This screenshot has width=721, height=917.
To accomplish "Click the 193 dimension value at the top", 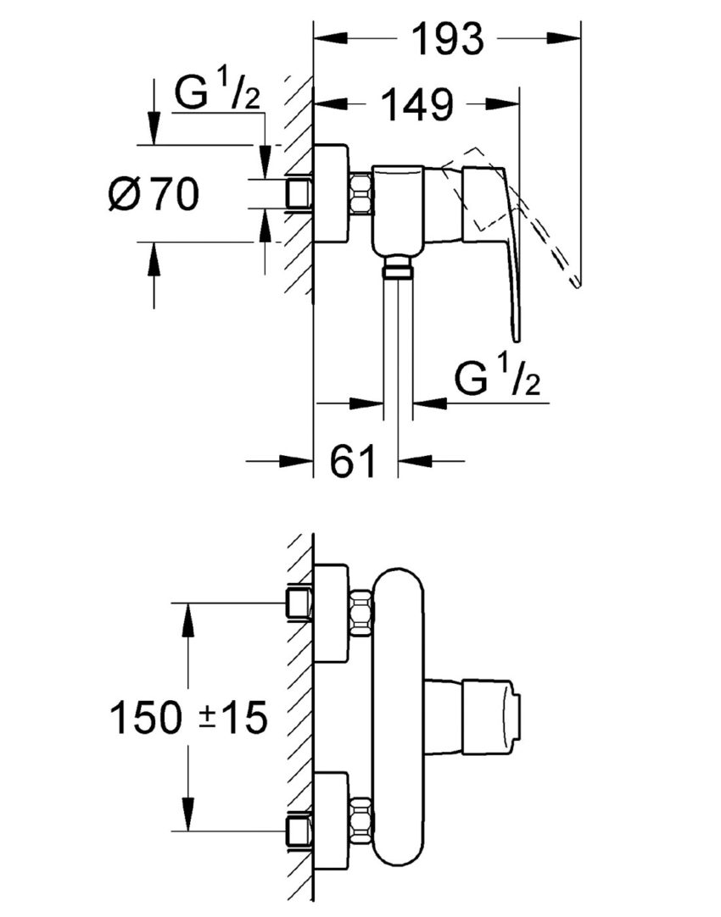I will point(448,39).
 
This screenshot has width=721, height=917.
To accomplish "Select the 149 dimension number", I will point(415,106).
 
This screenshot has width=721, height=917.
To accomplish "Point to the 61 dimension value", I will point(353,462).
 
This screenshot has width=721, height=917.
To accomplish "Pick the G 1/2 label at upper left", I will point(215,93).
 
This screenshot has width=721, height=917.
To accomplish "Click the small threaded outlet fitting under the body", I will point(396,270).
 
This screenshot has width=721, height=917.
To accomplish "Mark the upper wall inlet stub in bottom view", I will point(298,603).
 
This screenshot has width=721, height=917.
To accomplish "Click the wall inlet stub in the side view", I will point(298,194).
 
